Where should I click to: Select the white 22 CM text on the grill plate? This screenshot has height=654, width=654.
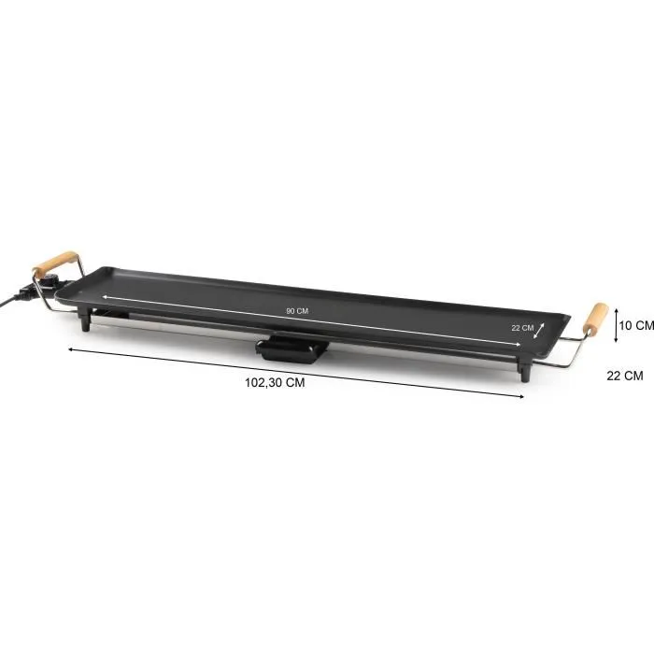(522, 328)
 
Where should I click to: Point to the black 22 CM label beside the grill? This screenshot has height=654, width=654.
(624, 376)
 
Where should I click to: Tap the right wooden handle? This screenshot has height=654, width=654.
(595, 320)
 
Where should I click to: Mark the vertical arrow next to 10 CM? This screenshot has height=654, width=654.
(616, 325)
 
